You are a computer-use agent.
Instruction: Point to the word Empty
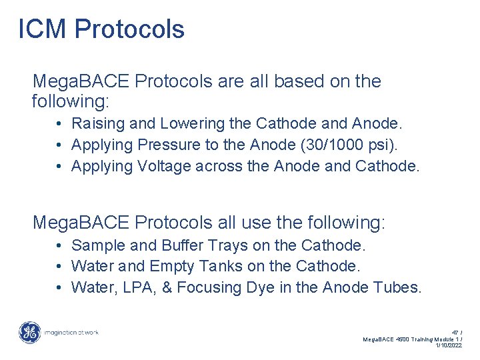point(174,267)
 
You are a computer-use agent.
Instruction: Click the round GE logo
point(29,332)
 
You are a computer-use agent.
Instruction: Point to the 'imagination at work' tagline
point(71,332)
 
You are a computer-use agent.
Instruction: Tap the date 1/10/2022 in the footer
point(448,345)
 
